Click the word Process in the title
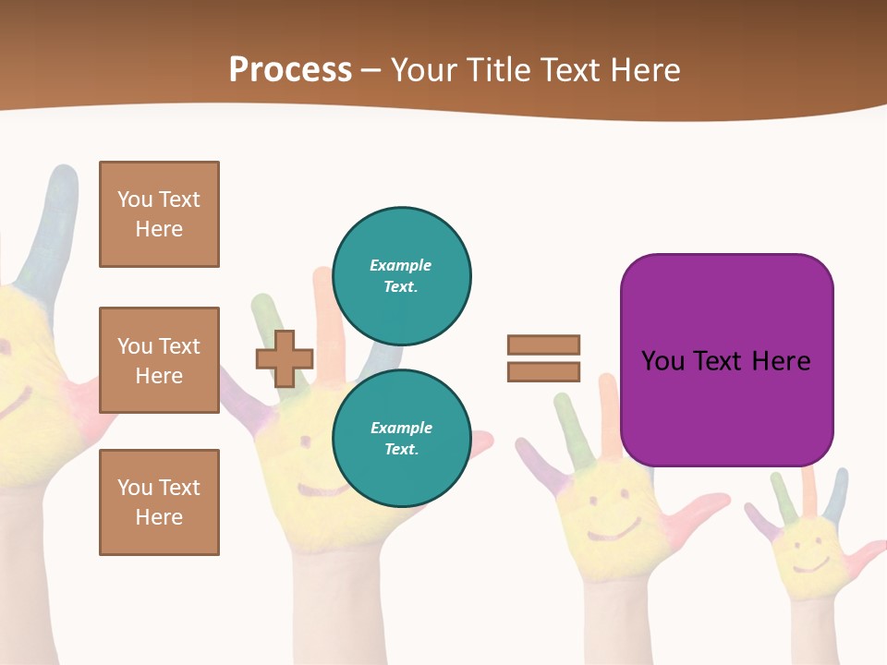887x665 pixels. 290,69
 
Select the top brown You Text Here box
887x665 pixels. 159,214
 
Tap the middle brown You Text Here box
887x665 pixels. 159,360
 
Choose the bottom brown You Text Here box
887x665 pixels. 159,502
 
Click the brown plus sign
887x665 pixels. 284,358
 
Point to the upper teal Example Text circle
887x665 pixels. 402,276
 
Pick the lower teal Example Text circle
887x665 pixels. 402,439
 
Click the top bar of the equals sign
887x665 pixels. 543,345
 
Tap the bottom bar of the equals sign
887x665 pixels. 543,371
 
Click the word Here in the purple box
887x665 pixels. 781,360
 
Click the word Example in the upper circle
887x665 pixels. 401,265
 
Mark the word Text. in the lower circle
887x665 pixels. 401,450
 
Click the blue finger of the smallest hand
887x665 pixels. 839,494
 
